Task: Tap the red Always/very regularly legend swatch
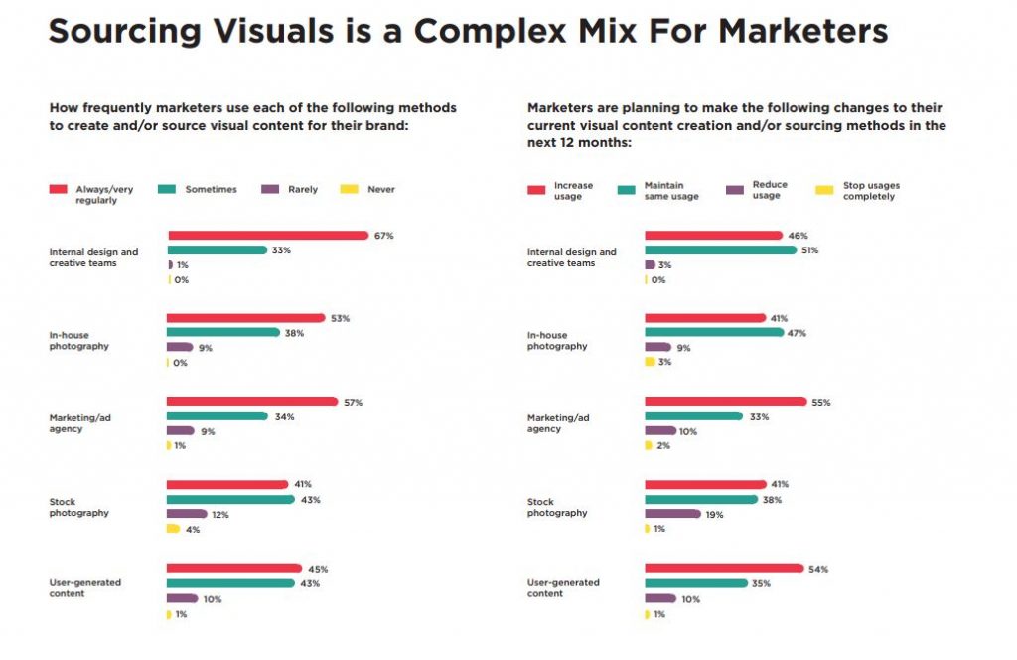(58, 189)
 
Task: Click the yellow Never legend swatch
(348, 189)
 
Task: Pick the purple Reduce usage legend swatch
(735, 189)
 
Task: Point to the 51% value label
(810, 250)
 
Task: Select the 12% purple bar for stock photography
(187, 514)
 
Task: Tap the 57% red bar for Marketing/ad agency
(252, 402)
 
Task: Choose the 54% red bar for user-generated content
(724, 569)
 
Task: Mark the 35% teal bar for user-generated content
(695, 583)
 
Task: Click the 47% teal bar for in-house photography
(714, 333)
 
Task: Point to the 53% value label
(341, 318)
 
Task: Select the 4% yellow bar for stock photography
(173, 529)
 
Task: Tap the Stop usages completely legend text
(871, 190)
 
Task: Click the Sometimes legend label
(211, 189)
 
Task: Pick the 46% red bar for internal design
(713, 236)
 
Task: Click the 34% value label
(283, 416)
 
